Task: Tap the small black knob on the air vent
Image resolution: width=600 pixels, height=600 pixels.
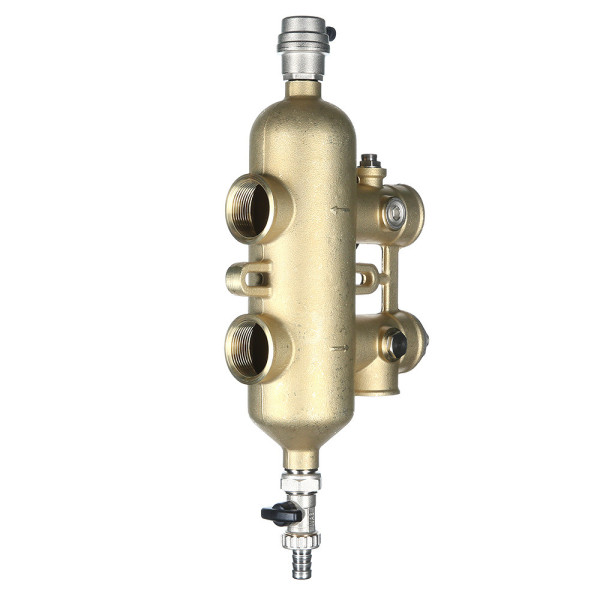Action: (x=329, y=35)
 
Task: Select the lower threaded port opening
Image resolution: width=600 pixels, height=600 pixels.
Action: (x=250, y=350)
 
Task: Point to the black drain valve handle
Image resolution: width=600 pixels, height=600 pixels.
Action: (x=280, y=513)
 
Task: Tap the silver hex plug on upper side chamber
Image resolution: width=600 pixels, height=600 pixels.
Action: (x=396, y=211)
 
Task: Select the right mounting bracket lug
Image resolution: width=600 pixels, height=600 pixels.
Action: (x=367, y=278)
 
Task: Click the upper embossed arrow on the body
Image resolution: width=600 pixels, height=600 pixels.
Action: (x=340, y=209)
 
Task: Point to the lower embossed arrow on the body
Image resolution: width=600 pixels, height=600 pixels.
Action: (x=340, y=348)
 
